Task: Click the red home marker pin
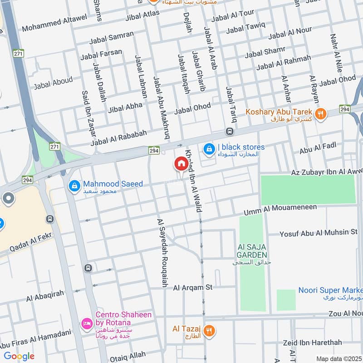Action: (181, 164)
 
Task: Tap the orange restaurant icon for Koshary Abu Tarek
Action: (321, 114)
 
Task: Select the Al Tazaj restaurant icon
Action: (209, 330)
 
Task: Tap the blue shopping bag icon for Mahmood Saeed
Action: (74, 186)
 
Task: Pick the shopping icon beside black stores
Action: (209, 148)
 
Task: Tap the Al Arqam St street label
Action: (192, 287)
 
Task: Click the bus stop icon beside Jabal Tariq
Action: (230, 132)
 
